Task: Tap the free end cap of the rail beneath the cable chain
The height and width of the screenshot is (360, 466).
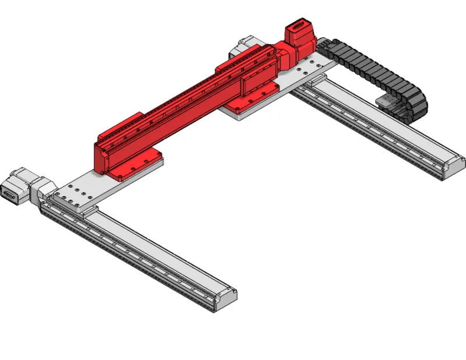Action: point(454,167)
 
